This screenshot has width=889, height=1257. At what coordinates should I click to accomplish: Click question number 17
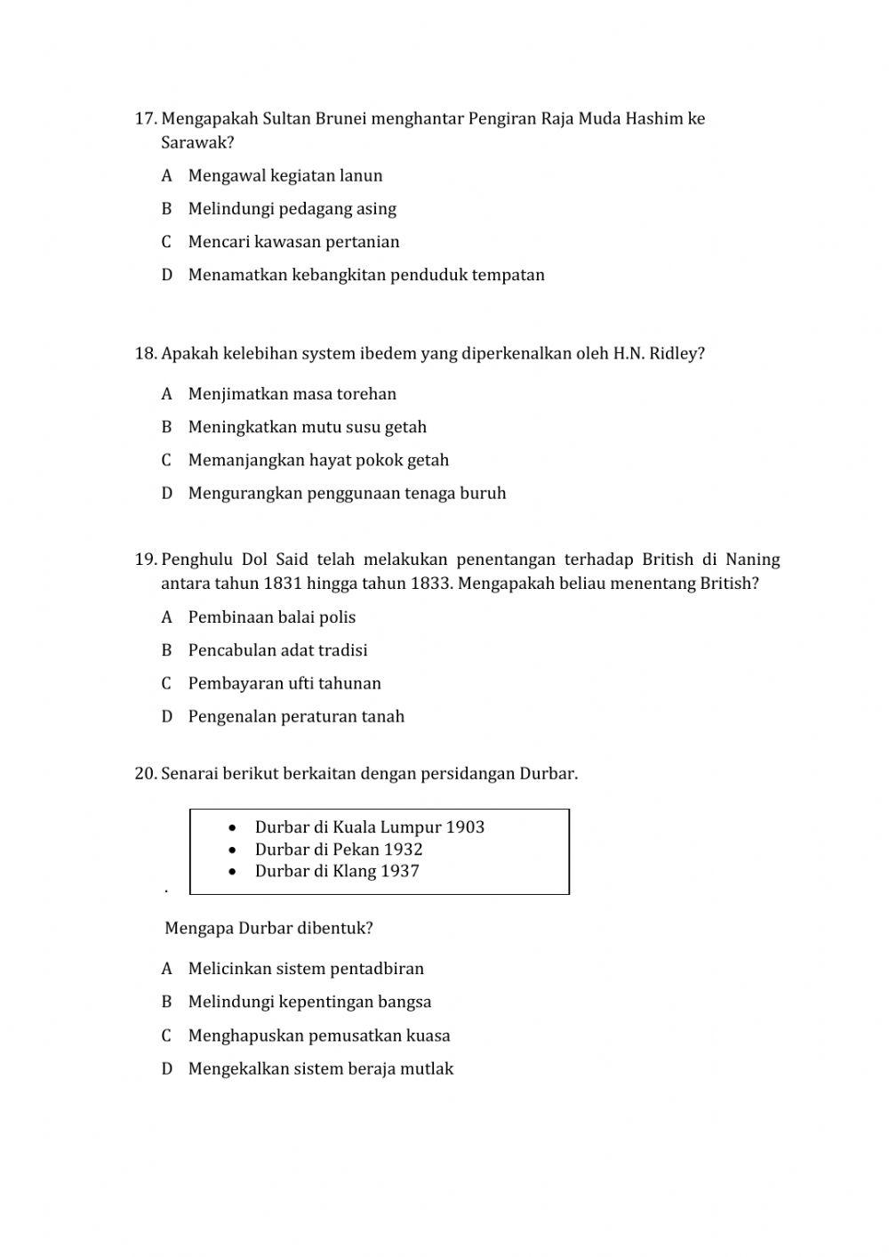pyautogui.click(x=146, y=119)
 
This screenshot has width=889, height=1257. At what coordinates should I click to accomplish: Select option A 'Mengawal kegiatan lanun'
pyautogui.click(x=284, y=176)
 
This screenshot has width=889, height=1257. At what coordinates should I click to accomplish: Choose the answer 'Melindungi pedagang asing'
pyautogui.click(x=292, y=209)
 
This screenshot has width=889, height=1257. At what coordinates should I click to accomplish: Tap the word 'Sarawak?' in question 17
pyautogui.click(x=197, y=142)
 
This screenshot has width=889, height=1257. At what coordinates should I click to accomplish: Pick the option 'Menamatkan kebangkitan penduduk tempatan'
pyautogui.click(x=365, y=275)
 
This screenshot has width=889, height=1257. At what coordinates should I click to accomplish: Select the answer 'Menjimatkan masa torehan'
pyautogui.click(x=292, y=394)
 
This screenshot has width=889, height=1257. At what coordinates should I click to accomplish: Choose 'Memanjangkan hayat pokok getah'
pyautogui.click(x=318, y=461)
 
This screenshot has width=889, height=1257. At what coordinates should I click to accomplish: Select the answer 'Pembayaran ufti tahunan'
pyautogui.click(x=284, y=684)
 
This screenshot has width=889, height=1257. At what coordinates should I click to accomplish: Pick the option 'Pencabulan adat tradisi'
pyautogui.click(x=277, y=650)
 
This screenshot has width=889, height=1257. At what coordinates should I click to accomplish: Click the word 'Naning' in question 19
pyautogui.click(x=752, y=560)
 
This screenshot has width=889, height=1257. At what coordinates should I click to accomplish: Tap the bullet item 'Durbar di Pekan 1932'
pyautogui.click(x=338, y=850)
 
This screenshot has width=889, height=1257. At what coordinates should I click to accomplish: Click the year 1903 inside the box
pyautogui.click(x=465, y=827)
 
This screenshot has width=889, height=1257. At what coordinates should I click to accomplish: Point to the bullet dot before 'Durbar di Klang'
pyautogui.click(x=233, y=872)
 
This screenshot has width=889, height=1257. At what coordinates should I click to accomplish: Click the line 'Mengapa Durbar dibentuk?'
pyautogui.click(x=268, y=929)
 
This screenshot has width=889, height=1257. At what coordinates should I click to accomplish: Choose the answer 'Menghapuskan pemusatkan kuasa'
pyautogui.click(x=318, y=1035)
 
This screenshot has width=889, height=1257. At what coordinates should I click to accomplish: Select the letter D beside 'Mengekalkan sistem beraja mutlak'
pyautogui.click(x=166, y=1069)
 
